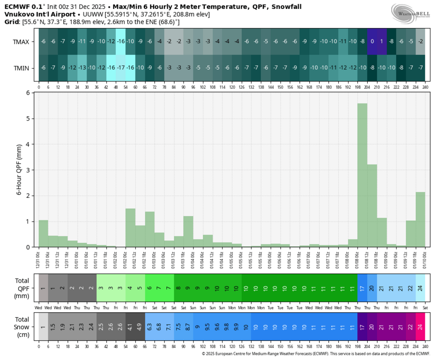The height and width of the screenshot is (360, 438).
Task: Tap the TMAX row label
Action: pyautogui.click(x=21, y=42)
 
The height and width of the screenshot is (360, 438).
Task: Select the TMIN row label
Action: pyautogui.click(x=21, y=68)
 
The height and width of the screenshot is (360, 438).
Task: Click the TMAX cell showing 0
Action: pyautogui.click(x=372, y=42)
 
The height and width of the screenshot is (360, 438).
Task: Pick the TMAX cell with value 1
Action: pyautogui.click(x=381, y=42)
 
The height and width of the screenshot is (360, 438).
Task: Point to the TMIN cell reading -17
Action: pyautogui.click(x=121, y=68)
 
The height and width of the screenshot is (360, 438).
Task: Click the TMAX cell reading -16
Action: pyautogui.click(x=121, y=42)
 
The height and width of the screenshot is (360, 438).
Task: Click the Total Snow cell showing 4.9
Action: pyautogui.click(x=140, y=327)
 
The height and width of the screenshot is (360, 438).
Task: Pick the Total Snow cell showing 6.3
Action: pyautogui.click(x=149, y=327)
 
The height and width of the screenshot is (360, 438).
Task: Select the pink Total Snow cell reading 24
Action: pyautogui.click(x=420, y=327)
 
